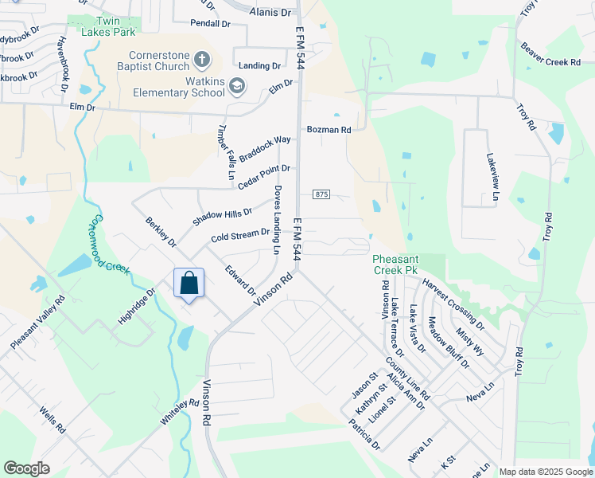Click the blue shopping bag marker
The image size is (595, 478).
point(189,284)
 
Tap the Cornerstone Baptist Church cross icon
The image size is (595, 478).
point(203,59)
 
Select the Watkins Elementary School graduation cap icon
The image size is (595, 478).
point(236,85)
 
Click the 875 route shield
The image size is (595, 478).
point(321,194)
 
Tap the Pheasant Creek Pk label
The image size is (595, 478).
point(396,265)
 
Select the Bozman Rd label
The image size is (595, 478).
point(329,130)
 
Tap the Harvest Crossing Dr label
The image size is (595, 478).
point(453,304)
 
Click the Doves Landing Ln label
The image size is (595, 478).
point(277,221)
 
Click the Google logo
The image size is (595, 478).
point(26,468)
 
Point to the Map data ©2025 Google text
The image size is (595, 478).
point(545,472)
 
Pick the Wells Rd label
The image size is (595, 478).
point(52,421)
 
